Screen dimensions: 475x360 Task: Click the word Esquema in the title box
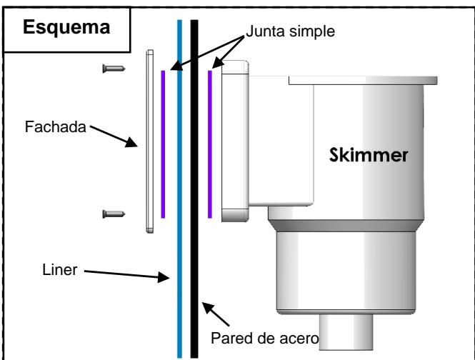[66, 27]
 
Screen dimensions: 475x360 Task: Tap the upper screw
[114, 69]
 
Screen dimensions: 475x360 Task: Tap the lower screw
[114, 214]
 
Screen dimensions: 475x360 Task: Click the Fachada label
[56, 126]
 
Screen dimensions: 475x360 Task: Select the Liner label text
[60, 270]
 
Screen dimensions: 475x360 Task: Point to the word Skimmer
[369, 155]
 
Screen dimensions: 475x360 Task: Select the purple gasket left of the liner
[163, 144]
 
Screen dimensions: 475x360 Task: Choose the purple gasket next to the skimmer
[210, 144]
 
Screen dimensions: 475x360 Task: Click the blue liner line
[179, 189]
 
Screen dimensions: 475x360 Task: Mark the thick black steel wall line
[194, 189]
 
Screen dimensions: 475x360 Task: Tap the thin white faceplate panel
[150, 141]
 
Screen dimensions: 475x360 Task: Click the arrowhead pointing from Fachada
[131, 142]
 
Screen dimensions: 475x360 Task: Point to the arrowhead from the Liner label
[164, 277]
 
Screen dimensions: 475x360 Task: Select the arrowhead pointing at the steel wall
[208, 307]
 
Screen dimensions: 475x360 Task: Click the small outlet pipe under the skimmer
[346, 332]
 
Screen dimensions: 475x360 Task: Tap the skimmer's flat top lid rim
[363, 81]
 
